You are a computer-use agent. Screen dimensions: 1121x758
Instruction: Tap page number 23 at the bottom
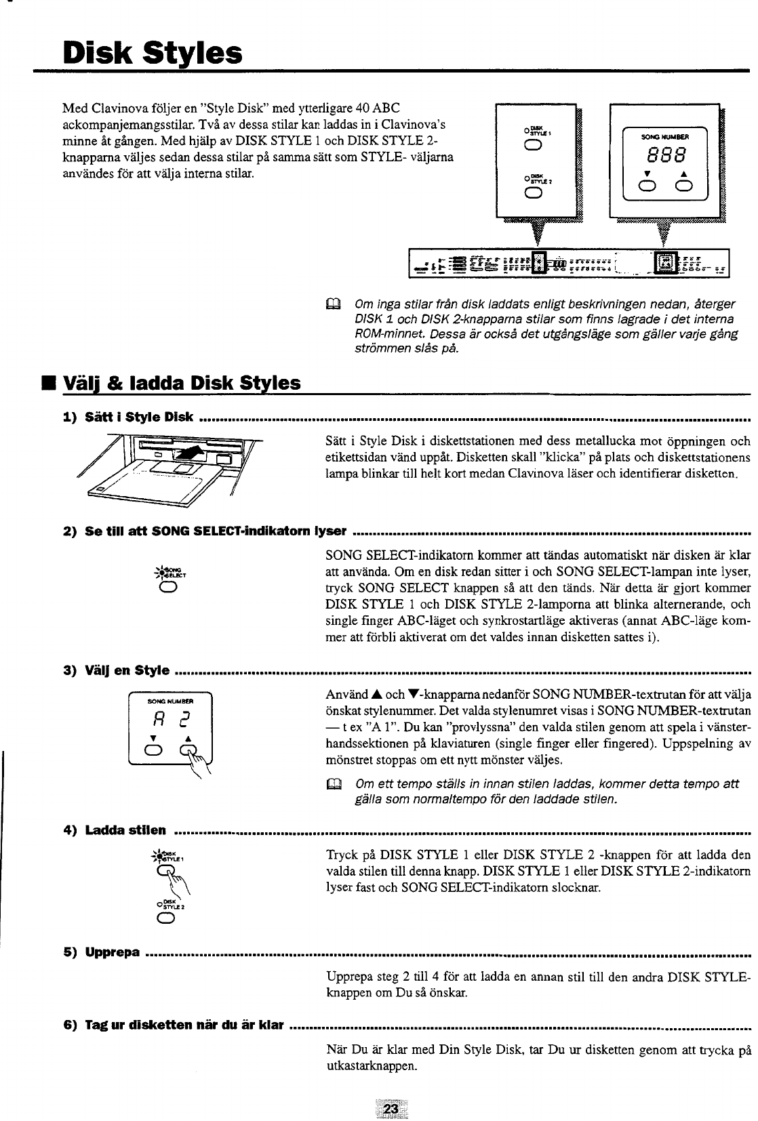tap(391, 1109)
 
